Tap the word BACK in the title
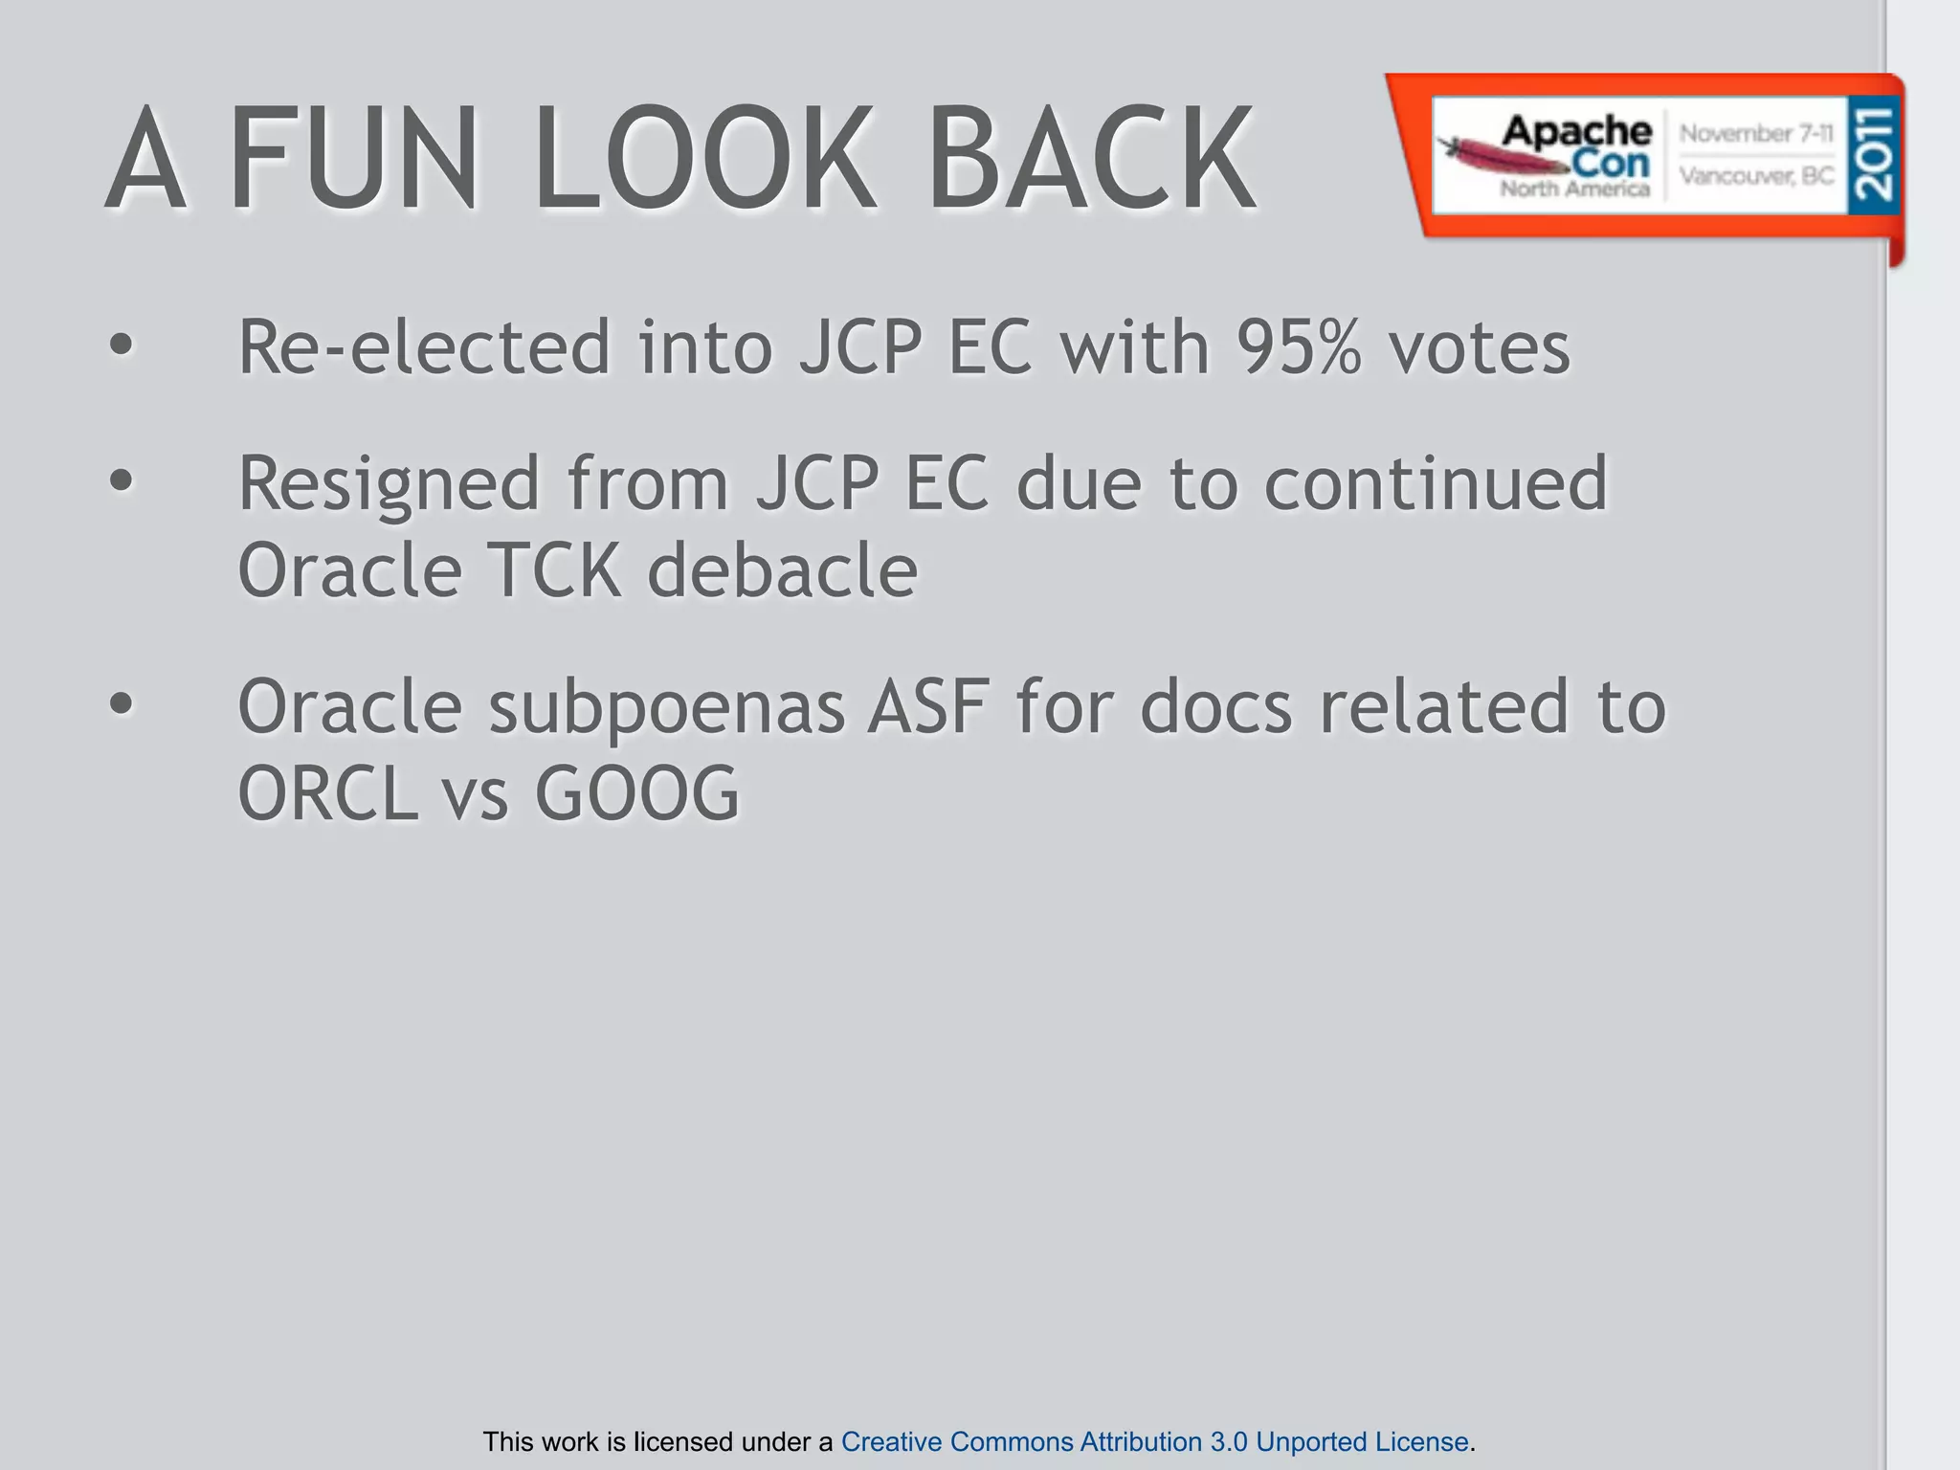point(1090,159)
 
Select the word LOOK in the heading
point(703,159)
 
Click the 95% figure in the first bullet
point(1298,346)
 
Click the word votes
point(1480,346)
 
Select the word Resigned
point(389,484)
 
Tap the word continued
point(1436,484)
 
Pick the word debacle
point(783,570)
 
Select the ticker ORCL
point(327,793)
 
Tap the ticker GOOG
point(636,793)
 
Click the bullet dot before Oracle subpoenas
point(121,704)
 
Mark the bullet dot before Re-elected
point(121,345)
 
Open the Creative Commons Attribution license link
point(1154,1441)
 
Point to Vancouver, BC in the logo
point(1756,176)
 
